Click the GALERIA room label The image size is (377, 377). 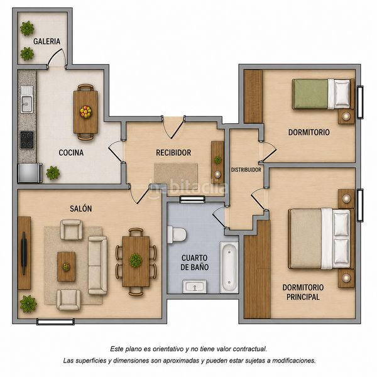pos(46,41)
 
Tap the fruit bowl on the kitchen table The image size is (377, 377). pos(85,112)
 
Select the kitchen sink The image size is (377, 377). pos(26,99)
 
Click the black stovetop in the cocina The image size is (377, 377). pos(26,140)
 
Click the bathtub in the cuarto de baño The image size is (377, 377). pos(229,268)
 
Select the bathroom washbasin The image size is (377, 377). pos(195,287)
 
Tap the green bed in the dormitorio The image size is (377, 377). pos(323,94)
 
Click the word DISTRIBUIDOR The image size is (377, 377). pos(246,170)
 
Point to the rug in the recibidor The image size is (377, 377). pos(176,175)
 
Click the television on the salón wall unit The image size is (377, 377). pos(24,253)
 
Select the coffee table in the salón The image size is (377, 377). pos(66,266)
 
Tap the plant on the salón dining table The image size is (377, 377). pos(136,260)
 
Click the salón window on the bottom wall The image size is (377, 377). pos(55,322)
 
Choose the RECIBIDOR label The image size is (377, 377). pos(173,153)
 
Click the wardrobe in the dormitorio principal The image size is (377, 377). pos(257,270)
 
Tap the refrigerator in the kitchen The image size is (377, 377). pos(30,173)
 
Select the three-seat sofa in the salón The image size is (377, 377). pos(97,265)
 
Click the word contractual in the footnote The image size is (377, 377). pos(250,349)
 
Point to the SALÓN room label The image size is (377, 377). pos(81,209)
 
